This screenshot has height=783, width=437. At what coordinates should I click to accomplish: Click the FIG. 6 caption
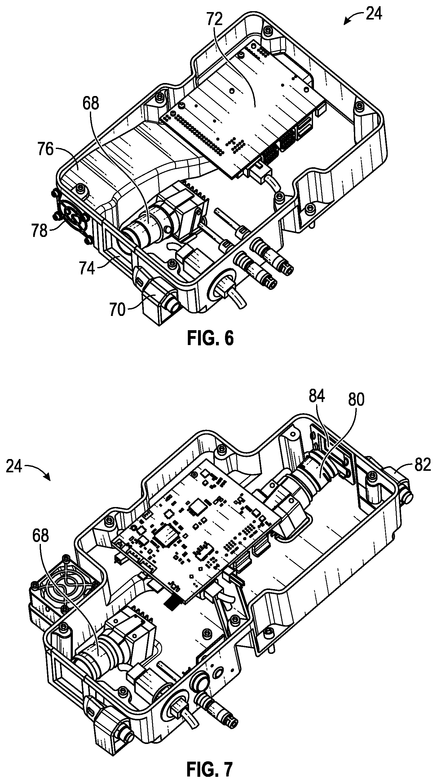point(210,338)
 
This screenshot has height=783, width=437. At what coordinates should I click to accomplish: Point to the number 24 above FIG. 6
point(374,14)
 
